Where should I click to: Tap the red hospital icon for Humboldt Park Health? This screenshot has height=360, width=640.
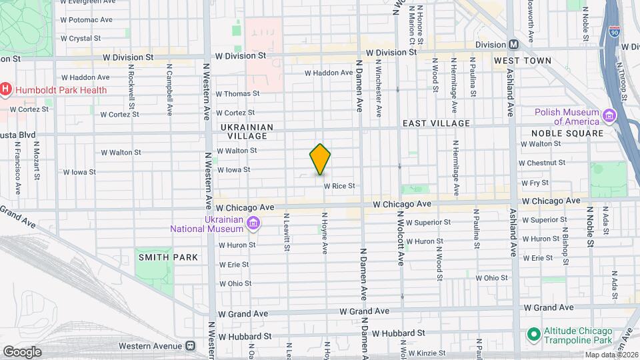pos(5,89)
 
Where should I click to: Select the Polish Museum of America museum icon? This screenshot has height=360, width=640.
pos(609,116)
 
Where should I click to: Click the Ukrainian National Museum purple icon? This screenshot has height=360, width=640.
pos(253,223)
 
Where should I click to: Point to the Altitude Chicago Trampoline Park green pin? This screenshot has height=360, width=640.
pos(533,333)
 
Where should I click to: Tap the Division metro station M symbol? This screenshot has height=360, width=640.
pos(514,45)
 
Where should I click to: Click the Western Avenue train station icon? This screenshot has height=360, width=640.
pos(191,346)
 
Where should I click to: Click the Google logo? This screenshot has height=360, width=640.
pos(21,351)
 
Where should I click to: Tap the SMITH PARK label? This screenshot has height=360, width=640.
pos(168,257)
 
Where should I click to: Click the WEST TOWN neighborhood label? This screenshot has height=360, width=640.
pos(523,61)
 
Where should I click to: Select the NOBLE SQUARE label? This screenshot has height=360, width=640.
pos(567,133)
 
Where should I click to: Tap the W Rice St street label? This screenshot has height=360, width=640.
pos(339,186)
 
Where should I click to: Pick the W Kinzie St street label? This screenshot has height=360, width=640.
pos(431,352)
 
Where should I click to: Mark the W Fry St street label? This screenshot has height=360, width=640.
pos(535,182)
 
